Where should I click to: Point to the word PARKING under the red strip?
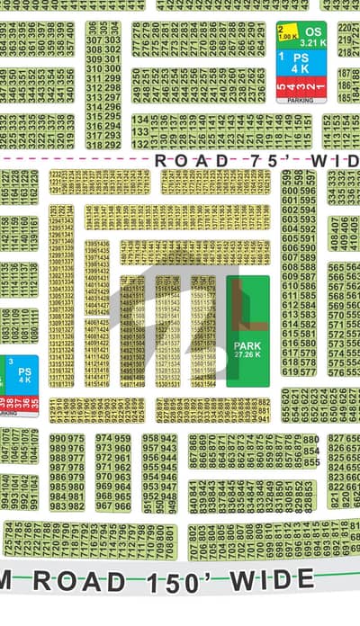(x=301, y=101)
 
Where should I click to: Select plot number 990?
(x=57, y=439)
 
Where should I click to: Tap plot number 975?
(x=76, y=439)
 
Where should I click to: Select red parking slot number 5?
(x=281, y=88)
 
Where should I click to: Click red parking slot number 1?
(x=320, y=88)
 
